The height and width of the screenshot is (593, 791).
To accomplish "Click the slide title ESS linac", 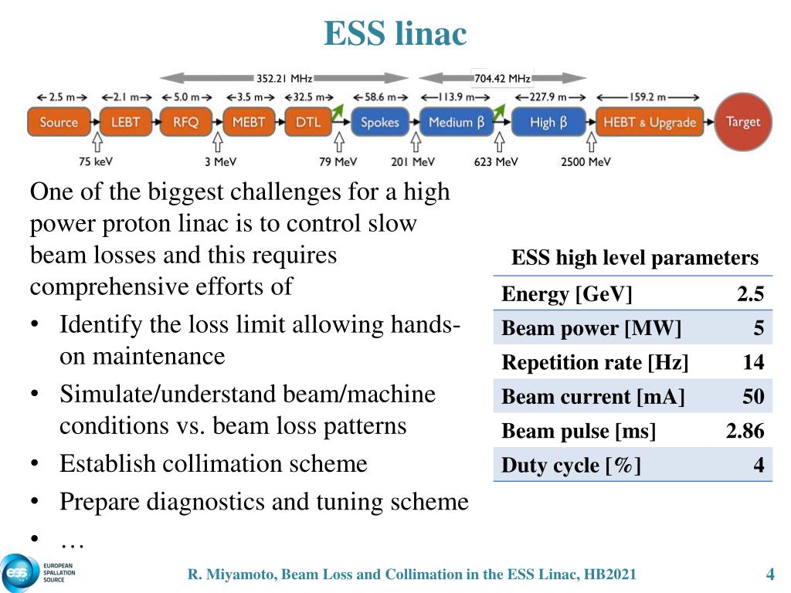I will pos(395,34).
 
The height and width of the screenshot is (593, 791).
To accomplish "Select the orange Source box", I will pos(59,122).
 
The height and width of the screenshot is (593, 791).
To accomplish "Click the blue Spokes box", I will pos(379,122).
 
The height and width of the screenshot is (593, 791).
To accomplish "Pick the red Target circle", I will pos(742,121).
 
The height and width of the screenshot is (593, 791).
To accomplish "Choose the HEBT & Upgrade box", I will pos(650,122).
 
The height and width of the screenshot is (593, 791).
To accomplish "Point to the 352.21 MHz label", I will pos(284,78).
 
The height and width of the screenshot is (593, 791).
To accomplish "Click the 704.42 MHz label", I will pos(502,78).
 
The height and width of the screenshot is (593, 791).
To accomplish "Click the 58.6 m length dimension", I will pos(379,98).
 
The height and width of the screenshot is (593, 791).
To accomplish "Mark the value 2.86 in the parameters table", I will pos(745,431).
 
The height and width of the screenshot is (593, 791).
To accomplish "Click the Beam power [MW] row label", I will pos(592,329).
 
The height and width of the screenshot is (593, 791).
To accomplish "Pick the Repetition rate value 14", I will pos(753,363).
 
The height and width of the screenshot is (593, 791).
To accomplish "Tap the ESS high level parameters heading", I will pos(635,258).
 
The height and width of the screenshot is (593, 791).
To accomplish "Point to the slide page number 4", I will pos(769,574).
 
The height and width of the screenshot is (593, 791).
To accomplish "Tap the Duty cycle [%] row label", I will pos(571,466).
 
